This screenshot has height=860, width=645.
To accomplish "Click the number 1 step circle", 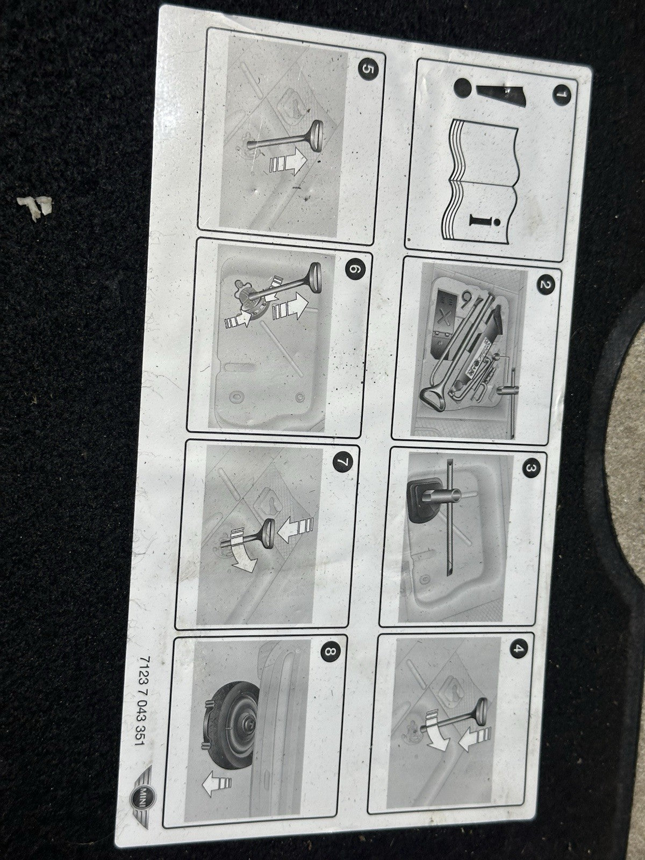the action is coord(562,95).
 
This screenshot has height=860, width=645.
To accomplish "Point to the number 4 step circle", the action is coord(518,648).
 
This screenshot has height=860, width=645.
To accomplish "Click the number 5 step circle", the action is coord(368,70).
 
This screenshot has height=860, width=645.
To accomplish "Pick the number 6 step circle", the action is coord(355,270).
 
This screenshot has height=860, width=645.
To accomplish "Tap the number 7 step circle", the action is coord(343,462).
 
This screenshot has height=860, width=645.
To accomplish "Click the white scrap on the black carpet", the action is coord(34,207).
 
